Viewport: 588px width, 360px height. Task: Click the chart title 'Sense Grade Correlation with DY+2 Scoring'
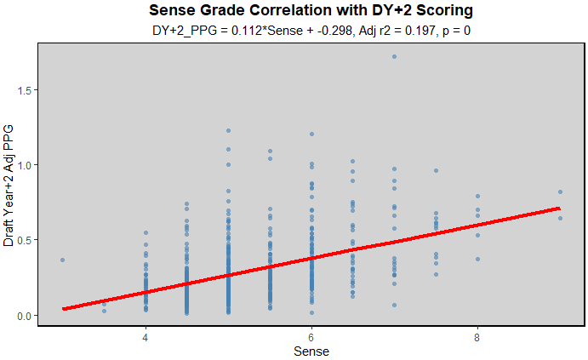click(x=310, y=11)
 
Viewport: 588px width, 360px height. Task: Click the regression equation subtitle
click(x=310, y=31)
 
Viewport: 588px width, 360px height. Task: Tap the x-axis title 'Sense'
click(x=311, y=351)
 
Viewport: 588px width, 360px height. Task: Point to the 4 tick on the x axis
click(x=146, y=336)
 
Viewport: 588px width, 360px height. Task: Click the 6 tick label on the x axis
click(x=311, y=336)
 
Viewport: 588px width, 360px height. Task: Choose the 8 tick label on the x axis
click(x=477, y=336)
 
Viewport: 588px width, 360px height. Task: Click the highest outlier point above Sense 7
click(x=394, y=57)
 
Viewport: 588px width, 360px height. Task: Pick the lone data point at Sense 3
click(x=62, y=260)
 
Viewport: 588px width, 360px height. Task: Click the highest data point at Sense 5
click(x=228, y=131)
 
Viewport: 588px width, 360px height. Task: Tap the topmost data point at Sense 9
click(x=560, y=192)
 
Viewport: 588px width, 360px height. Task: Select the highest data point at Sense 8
click(x=477, y=197)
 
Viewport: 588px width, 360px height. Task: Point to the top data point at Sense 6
click(x=311, y=134)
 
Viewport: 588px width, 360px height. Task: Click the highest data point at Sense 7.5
click(x=436, y=171)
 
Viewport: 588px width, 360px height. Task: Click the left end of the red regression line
click(x=63, y=309)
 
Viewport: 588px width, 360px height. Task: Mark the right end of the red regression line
click(x=560, y=208)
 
